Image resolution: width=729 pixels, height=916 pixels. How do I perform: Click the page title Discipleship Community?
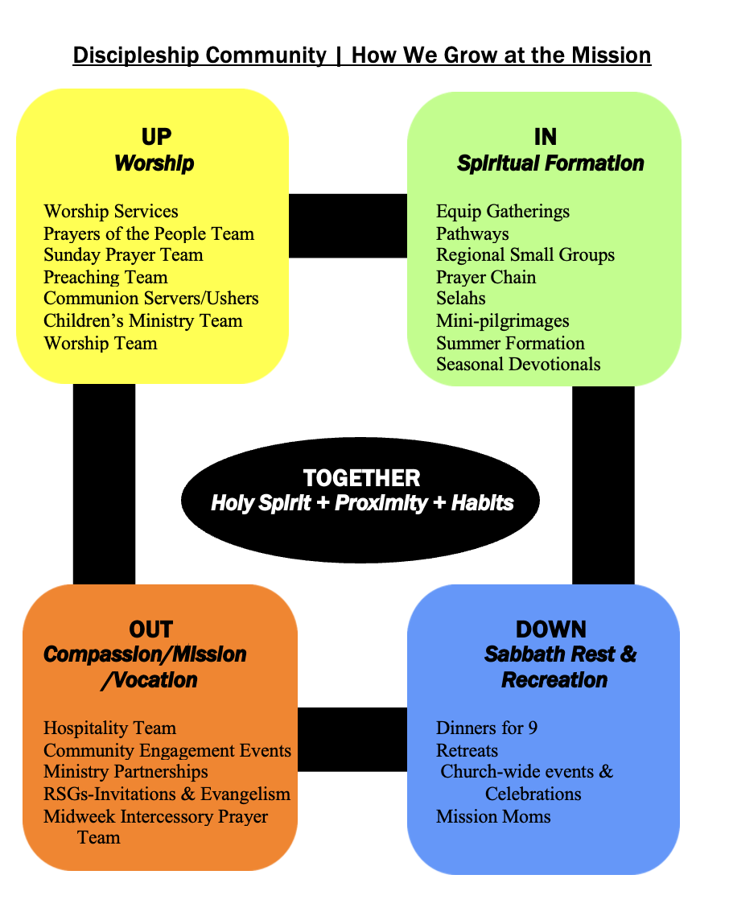tap(200, 56)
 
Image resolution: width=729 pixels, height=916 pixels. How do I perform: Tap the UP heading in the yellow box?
tap(156, 137)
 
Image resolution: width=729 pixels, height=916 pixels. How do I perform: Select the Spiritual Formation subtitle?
tap(550, 163)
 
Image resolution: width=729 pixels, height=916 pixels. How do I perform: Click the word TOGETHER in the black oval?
tap(361, 477)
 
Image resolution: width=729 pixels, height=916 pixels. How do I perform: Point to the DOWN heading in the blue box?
tap(551, 629)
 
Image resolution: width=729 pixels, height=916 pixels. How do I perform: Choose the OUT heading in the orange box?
tap(150, 629)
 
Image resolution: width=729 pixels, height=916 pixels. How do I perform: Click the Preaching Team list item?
tap(105, 278)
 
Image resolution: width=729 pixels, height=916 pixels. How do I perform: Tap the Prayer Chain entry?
tap(486, 278)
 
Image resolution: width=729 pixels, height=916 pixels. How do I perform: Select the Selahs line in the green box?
tap(461, 299)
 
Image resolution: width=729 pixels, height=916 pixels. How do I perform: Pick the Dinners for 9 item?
tap(487, 728)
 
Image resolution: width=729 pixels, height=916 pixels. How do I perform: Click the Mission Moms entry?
tap(493, 817)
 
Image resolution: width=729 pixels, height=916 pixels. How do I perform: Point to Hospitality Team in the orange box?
tap(109, 728)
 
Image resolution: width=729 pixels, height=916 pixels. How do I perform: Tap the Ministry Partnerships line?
tap(126, 772)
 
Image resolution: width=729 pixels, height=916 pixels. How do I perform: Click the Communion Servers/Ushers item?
tap(151, 299)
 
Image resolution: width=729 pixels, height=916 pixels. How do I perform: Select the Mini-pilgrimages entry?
tap(503, 321)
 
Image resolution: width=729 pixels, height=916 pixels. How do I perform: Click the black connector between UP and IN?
tap(348, 225)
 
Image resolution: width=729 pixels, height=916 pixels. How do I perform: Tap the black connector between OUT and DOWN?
tap(352, 739)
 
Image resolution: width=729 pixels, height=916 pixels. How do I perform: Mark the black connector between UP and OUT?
tap(104, 484)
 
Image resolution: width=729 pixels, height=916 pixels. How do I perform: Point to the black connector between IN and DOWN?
tap(603, 484)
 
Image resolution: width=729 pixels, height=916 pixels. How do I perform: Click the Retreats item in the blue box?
tap(467, 751)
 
